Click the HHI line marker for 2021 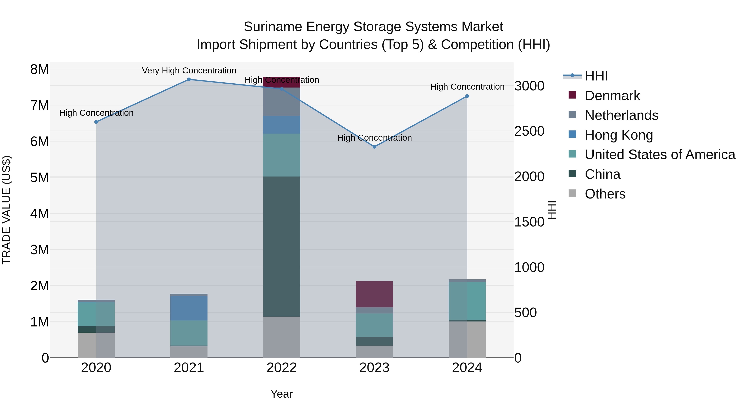(189, 79)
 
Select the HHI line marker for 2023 (374, 147)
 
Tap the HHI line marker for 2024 (467, 96)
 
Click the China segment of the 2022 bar (281, 246)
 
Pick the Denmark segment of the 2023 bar (374, 294)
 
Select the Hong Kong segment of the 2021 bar (189, 308)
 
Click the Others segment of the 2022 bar (281, 337)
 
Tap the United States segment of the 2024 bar (467, 301)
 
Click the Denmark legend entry (612, 96)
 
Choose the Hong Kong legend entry (619, 135)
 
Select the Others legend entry (605, 194)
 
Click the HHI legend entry (596, 76)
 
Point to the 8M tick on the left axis (40, 69)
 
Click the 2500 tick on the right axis (529, 131)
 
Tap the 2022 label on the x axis (281, 368)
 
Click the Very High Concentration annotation (189, 71)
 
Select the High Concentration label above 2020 (96, 113)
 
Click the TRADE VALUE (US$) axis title (6, 210)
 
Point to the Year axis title (281, 394)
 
